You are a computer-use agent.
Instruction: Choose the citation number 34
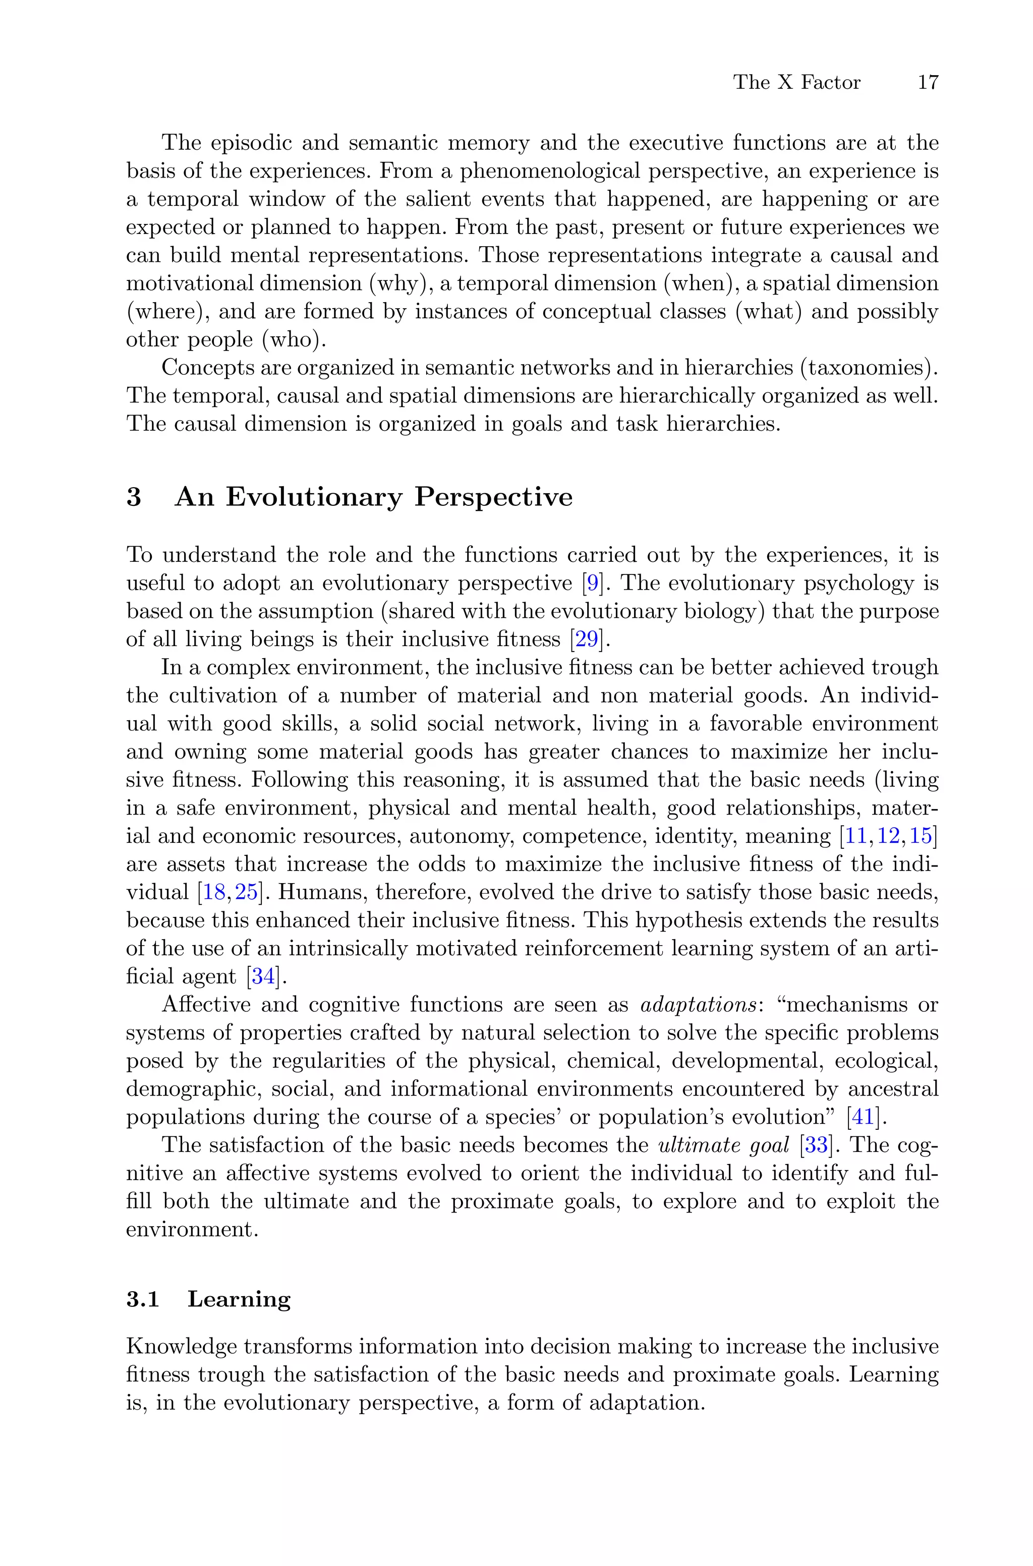263,976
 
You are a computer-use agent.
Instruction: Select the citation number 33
816,1145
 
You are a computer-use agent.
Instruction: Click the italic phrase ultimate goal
723,1145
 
